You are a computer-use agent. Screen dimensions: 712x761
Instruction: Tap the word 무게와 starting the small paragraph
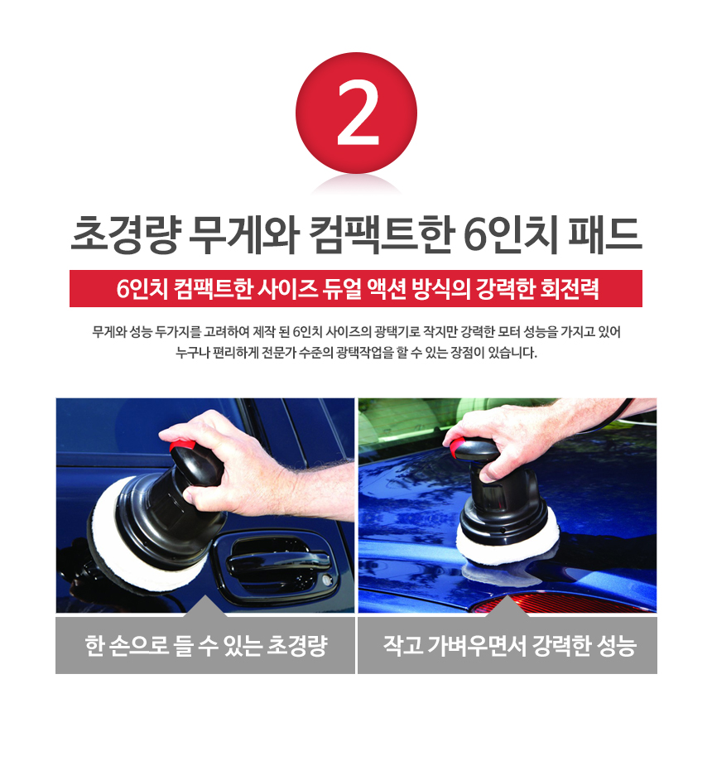pyautogui.click(x=109, y=332)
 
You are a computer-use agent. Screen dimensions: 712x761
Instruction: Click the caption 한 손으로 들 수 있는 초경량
pyautogui.click(x=206, y=646)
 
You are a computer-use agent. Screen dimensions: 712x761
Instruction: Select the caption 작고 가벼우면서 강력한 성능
pyautogui.click(x=510, y=646)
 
